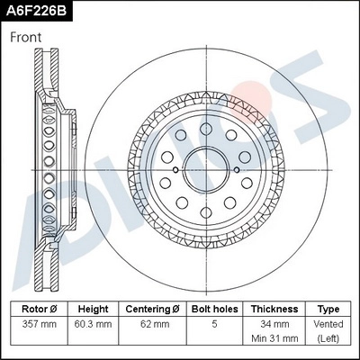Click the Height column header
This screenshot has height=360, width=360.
coord(94,309)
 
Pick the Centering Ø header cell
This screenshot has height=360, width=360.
coord(152,309)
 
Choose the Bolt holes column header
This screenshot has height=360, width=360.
coord(213,309)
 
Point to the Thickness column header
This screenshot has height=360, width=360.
coord(274,309)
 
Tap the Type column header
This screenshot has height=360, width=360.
coord(329,309)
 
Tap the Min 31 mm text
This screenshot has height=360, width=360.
coord(274,339)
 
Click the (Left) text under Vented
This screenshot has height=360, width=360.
coord(329,339)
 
